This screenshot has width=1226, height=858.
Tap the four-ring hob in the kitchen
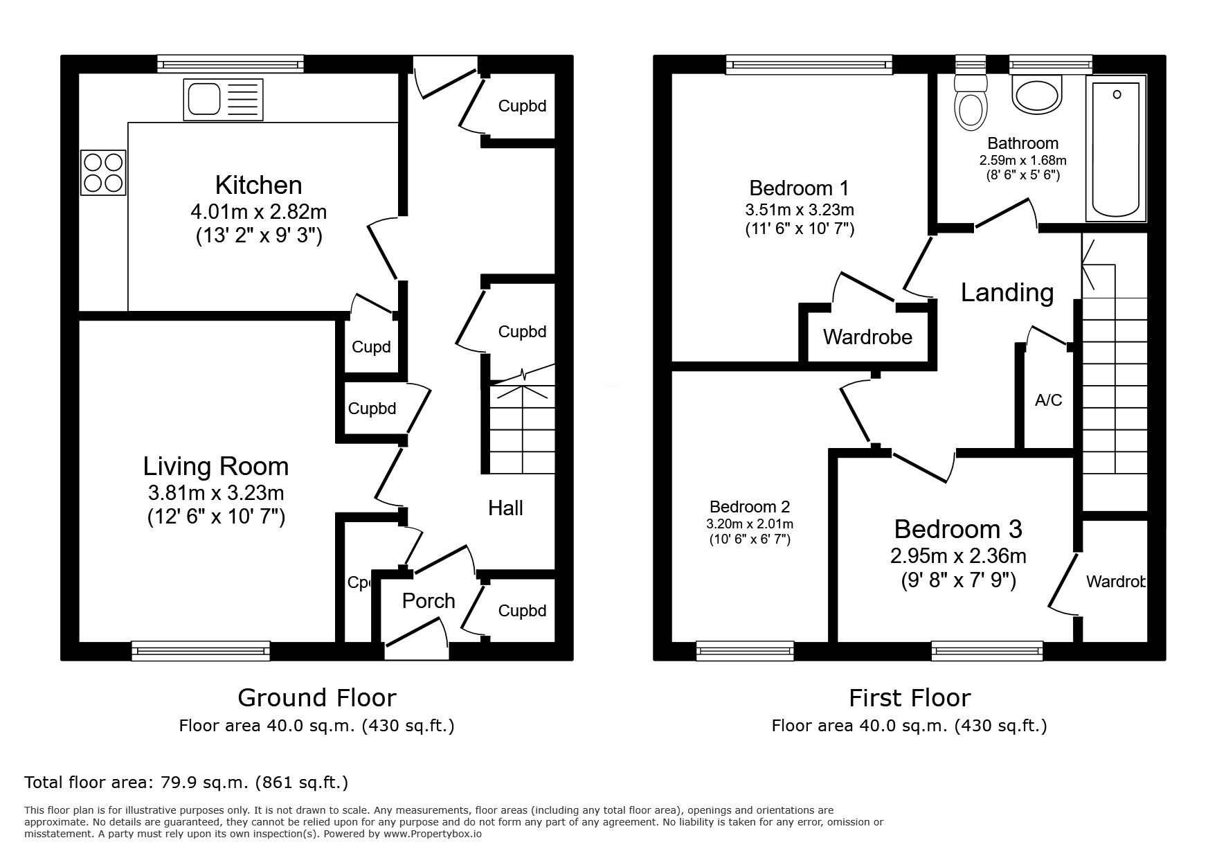tap(104, 172)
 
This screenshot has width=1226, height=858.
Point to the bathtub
tap(1115, 149)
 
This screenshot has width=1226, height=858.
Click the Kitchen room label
tap(258, 185)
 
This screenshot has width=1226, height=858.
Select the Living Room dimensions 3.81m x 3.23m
tap(216, 492)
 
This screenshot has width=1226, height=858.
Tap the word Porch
tap(429, 600)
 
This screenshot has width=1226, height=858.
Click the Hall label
tap(505, 508)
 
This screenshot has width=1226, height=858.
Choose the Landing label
tap(1007, 292)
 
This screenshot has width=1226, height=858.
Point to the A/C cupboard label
tap(1048, 400)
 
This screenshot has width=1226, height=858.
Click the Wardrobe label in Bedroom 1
tap(867, 337)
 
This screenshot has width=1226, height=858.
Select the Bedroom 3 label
tap(957, 529)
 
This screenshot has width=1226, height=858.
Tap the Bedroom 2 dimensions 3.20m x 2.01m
tap(750, 524)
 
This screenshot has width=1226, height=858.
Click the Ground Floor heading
tap(316, 697)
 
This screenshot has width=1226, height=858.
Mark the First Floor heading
tap(910, 697)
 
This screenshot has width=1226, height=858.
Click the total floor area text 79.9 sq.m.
tap(186, 783)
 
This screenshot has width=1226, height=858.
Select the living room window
tap(201, 650)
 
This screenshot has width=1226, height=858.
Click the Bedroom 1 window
tap(809, 65)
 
